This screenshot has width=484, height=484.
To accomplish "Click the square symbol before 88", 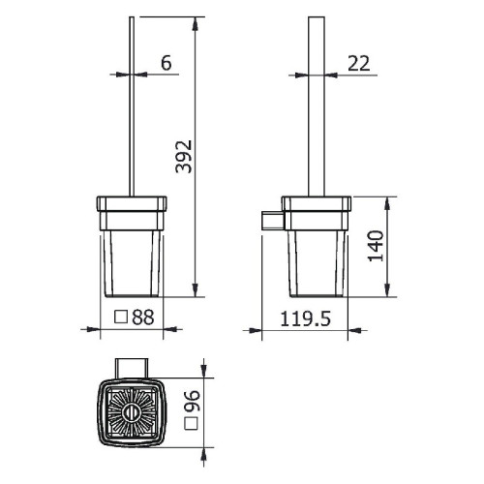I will click(x=123, y=317).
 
